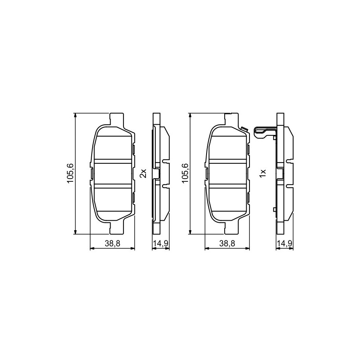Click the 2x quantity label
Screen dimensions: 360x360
coord(143,173)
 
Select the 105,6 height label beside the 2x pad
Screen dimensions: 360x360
coord(70,174)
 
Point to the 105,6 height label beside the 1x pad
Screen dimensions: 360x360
coord(185,174)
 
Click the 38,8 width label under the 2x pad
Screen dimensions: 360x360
coord(113,244)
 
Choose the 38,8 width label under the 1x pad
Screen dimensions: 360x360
coord(227,244)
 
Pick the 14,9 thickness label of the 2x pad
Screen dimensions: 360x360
coord(161,244)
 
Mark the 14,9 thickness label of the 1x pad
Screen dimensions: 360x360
coord(285,244)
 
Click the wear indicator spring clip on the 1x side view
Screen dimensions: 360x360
coord(264,133)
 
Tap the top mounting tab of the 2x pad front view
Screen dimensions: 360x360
coord(117,119)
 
